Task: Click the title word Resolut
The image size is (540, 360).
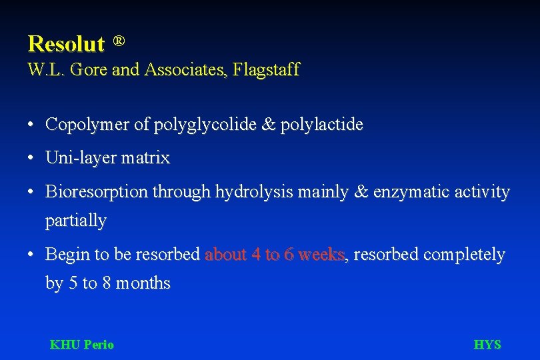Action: [66, 44]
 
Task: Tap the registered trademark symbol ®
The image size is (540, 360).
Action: [118, 41]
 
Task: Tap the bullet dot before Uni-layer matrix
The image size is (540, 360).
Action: [31, 159]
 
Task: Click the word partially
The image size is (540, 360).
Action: [75, 221]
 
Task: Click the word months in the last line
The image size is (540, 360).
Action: [143, 283]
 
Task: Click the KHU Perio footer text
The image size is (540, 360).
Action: [81, 345]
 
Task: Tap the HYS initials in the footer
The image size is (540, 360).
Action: [487, 345]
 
